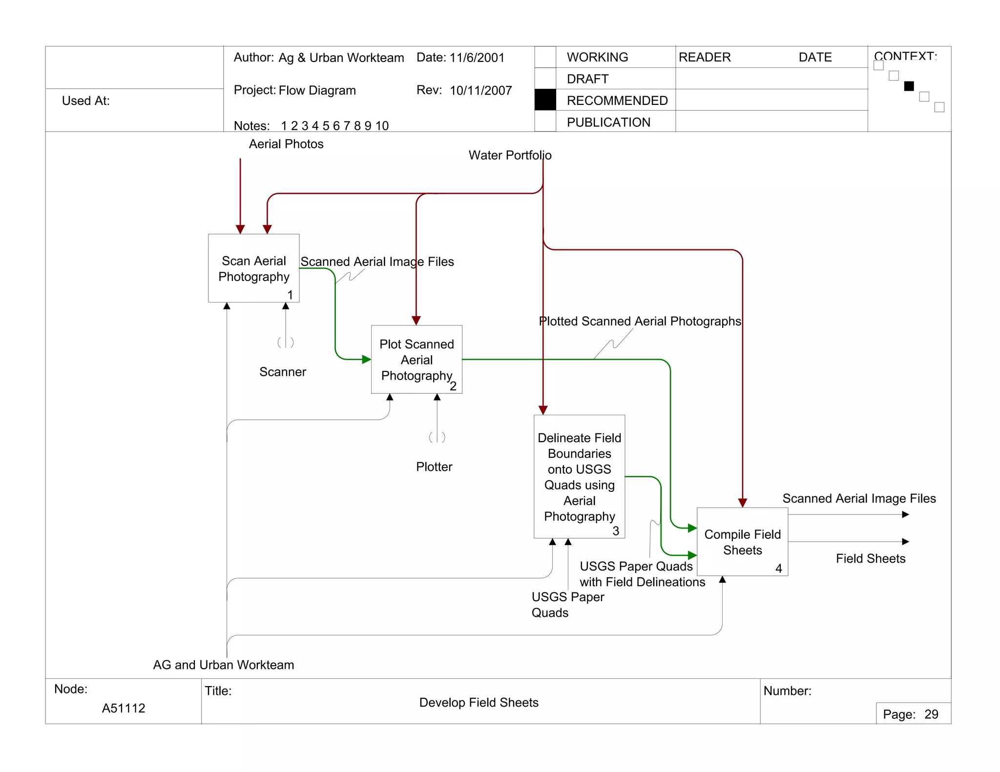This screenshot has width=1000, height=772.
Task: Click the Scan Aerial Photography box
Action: click(253, 268)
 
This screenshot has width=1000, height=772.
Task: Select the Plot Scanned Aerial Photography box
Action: click(417, 359)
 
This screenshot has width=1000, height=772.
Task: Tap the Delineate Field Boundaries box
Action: click(579, 476)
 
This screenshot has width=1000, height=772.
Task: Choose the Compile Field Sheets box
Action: click(742, 542)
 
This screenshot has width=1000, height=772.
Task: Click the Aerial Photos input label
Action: click(286, 144)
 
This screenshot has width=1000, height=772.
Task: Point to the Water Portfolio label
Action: click(510, 155)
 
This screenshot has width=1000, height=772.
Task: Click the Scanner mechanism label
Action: click(283, 372)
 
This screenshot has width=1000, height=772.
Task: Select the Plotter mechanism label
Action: click(434, 467)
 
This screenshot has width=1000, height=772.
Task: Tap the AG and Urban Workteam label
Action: click(224, 665)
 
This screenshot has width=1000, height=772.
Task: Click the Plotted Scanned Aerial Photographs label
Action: click(640, 321)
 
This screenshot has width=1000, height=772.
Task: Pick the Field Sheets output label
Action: click(871, 558)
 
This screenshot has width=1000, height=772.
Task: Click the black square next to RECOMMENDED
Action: click(545, 100)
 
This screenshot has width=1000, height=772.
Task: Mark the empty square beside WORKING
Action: click(545, 57)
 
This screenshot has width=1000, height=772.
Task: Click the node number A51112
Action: click(124, 708)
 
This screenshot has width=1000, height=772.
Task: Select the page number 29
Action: click(931, 714)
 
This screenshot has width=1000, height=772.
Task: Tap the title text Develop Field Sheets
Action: click(479, 702)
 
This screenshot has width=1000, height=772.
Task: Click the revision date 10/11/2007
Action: click(480, 90)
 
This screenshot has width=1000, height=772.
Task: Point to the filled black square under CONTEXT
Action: click(909, 86)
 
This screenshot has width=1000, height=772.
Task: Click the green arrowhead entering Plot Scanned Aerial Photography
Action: click(367, 360)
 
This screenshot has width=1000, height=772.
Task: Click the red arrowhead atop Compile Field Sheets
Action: click(743, 503)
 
